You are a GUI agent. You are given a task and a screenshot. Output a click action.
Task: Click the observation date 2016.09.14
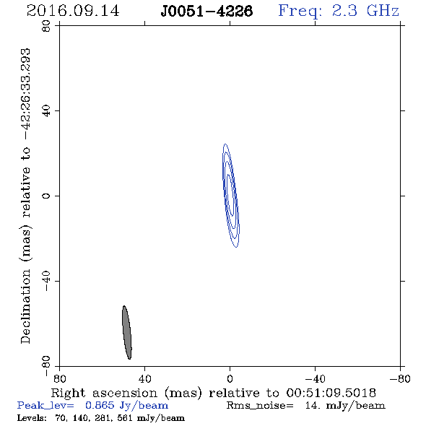click(x=73, y=11)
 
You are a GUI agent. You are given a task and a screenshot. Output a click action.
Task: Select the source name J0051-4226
click(x=207, y=11)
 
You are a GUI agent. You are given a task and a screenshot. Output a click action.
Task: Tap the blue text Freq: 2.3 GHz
click(x=339, y=12)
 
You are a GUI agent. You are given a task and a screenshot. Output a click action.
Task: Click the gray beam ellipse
click(x=127, y=332)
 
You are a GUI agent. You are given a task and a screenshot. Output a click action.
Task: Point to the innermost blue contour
click(x=230, y=195)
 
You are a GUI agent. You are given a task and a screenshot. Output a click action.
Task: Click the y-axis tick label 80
click(x=46, y=26)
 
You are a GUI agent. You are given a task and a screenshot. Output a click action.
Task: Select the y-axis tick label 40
click(x=46, y=111)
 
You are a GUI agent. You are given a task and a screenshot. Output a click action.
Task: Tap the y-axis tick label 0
click(x=46, y=196)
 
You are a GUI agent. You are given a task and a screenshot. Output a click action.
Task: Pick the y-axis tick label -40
click(x=46, y=281)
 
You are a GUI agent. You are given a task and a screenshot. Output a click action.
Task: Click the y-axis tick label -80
click(x=46, y=366)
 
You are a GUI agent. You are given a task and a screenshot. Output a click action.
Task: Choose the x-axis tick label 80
click(x=59, y=379)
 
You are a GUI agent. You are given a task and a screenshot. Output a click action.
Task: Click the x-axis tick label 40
click(x=144, y=379)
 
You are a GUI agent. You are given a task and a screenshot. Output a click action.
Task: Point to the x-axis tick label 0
click(x=230, y=379)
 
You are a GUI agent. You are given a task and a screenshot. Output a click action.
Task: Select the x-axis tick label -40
click(x=315, y=379)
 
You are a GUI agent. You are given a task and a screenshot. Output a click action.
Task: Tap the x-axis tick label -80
click(x=400, y=379)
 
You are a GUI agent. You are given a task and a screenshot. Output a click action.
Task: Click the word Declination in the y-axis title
click(x=25, y=306)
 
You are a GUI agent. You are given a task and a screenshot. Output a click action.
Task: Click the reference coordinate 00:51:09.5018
click(x=331, y=393)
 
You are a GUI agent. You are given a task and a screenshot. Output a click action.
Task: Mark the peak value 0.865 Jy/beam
click(x=126, y=406)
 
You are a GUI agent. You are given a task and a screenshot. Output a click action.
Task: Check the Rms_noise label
click(x=260, y=406)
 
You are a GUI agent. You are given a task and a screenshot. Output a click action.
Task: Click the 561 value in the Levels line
click(x=125, y=417)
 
